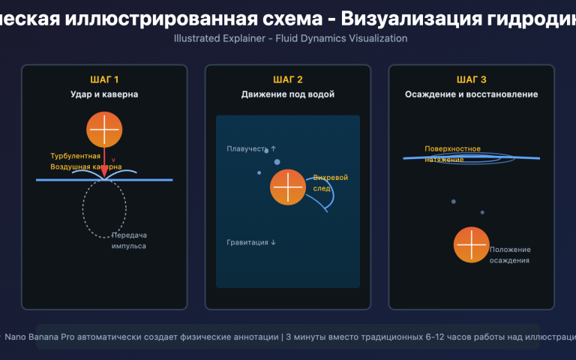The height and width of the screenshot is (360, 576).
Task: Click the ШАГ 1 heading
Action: coord(104,79)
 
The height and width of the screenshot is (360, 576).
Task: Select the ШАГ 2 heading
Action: coord(288,79)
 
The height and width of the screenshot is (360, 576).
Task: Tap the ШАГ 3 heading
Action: coord(471,79)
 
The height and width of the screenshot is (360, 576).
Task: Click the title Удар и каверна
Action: coord(104,94)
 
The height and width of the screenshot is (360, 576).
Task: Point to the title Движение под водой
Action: coord(288,94)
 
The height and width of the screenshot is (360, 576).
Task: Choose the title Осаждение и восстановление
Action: coord(471,94)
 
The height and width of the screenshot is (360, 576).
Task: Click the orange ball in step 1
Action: coord(104,129)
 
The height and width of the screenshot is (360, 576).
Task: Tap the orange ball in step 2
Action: coord(288,187)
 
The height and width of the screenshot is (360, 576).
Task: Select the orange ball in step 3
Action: coord(472,244)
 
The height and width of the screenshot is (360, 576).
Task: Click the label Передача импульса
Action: coord(129,240)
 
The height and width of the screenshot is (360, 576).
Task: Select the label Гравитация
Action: coord(251,242)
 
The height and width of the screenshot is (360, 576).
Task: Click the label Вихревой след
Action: coord(330,183)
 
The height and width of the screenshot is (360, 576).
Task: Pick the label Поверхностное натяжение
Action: coord(452,154)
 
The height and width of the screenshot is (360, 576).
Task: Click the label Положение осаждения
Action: coord(510,255)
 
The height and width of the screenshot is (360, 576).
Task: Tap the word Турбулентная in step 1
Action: coord(75,156)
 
